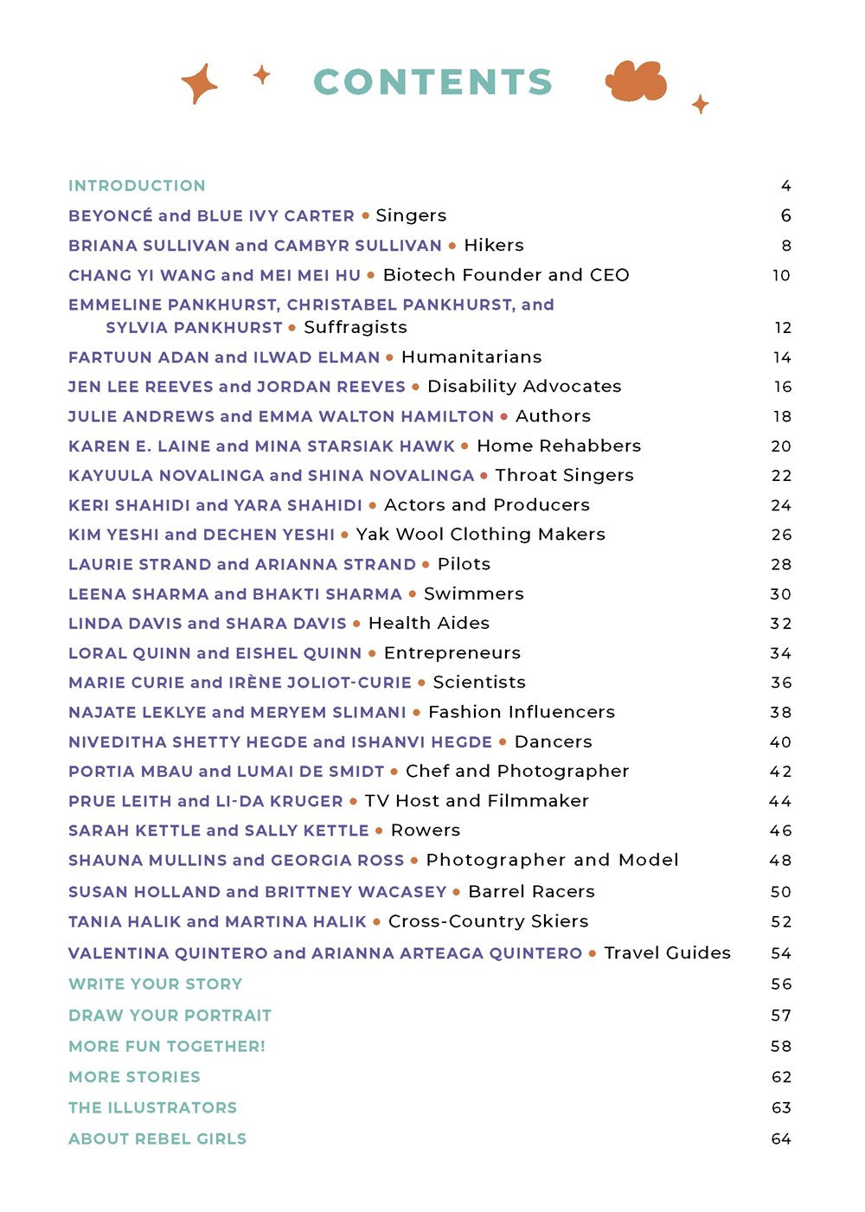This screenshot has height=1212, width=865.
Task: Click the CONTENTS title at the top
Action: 432,82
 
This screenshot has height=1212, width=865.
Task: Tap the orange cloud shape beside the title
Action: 636,82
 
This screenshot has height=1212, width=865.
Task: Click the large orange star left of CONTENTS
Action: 199,84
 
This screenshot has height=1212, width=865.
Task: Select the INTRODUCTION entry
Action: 137,186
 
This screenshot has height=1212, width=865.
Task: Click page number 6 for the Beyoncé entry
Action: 785,215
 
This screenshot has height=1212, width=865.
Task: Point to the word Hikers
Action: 494,246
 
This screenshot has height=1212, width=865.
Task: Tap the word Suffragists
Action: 356,328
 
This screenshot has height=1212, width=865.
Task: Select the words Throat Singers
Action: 564,476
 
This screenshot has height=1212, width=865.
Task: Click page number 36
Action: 781,683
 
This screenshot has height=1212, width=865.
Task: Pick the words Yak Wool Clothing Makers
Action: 480,535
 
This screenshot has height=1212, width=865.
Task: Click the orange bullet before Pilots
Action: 426,565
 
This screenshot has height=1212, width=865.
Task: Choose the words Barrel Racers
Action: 531,892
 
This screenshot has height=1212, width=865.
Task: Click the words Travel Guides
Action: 667,953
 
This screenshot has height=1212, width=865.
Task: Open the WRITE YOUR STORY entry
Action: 156,984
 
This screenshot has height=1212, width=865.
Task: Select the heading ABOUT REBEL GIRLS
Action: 157,1139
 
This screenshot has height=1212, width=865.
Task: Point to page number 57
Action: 781,1016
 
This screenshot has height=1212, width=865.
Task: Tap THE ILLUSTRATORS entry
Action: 152,1108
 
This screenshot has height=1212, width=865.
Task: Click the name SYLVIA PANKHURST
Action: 194,328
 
